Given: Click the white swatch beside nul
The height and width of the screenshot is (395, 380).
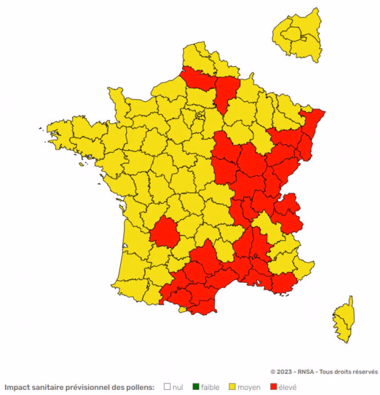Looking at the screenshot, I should [167, 387].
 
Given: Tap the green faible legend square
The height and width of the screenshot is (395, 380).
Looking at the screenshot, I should [195, 387].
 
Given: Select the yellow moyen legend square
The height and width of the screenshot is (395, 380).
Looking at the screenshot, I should [232, 387].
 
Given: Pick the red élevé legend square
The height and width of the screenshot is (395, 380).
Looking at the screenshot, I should [273, 387].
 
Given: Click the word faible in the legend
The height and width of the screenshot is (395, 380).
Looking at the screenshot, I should [210, 387].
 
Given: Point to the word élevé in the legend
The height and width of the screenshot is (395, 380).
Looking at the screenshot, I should [287, 387].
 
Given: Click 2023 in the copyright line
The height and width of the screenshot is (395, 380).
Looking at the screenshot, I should [285, 372].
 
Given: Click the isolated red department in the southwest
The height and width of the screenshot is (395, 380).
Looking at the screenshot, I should [164, 232].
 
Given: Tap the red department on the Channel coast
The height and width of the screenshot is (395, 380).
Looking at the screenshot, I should [198, 79].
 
